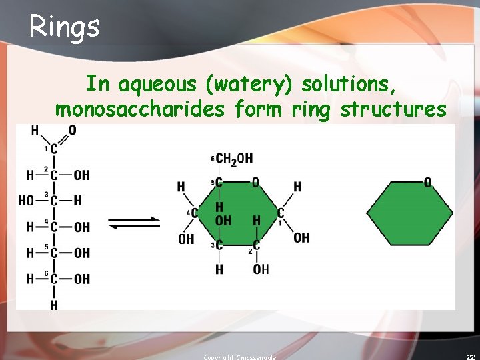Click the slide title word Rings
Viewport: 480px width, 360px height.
(65, 26)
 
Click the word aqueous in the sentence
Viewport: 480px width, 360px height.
(157, 85)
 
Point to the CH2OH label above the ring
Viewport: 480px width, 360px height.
(234, 158)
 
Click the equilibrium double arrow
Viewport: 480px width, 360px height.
(133, 223)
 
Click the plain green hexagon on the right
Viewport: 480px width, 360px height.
(409, 213)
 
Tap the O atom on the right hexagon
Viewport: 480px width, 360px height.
(427, 182)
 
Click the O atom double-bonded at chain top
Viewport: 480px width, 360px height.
(72, 130)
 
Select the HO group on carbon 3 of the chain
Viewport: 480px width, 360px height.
(26, 201)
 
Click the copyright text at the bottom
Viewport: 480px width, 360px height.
(239, 357)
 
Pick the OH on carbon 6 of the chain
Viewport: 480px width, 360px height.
(82, 279)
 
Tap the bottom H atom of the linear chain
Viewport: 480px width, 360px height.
(54, 305)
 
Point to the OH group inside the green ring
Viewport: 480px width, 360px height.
(224, 220)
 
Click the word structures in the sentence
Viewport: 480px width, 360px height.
(393, 109)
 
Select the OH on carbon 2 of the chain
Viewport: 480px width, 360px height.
(82, 175)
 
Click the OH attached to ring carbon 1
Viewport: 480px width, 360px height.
(301, 237)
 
